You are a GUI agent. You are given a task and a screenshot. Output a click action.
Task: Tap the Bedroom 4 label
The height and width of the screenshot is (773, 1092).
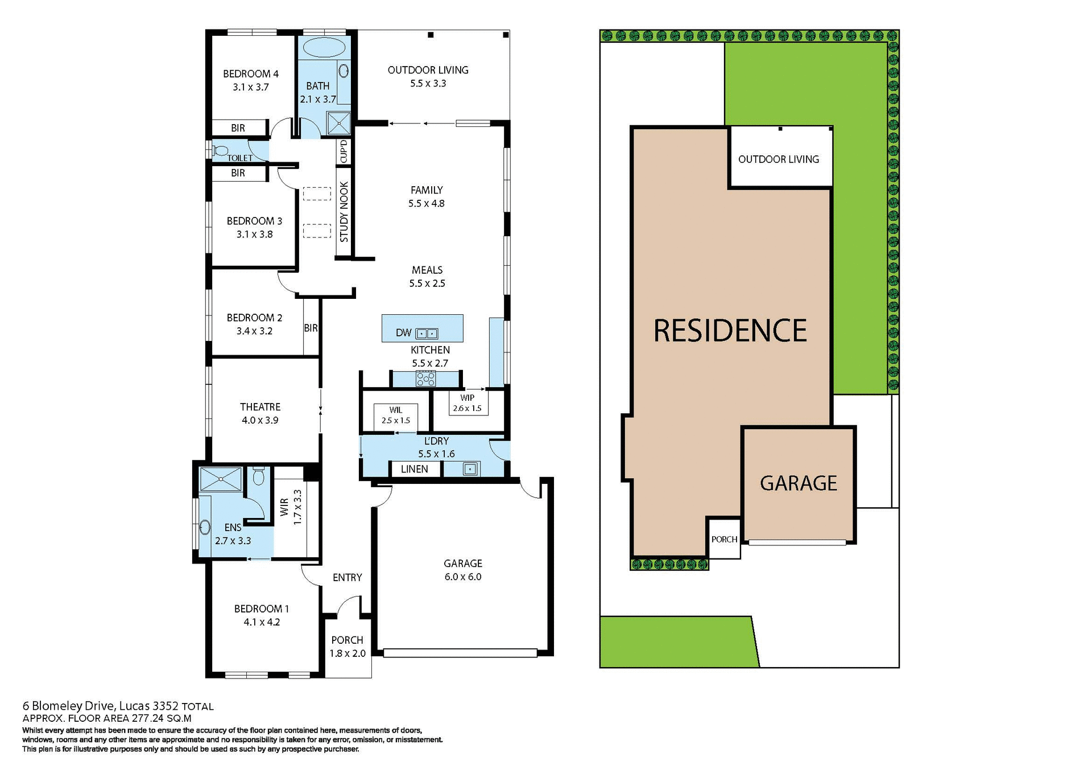click(250, 74)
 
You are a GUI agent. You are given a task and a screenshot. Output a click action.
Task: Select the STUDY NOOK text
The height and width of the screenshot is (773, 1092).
click(344, 212)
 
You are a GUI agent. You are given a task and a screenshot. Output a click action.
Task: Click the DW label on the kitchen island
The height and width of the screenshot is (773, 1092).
click(403, 333)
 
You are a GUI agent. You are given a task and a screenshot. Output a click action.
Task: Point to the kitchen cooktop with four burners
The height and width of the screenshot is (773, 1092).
click(425, 379)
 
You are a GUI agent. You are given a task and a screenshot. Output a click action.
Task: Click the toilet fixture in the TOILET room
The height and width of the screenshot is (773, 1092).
click(220, 151)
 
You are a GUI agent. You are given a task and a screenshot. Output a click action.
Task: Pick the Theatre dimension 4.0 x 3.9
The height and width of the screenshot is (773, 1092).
click(260, 421)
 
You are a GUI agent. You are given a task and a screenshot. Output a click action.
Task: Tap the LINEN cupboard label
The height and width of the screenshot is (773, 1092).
click(414, 469)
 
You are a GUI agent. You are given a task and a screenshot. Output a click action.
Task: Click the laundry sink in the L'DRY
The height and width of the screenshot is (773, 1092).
click(470, 469)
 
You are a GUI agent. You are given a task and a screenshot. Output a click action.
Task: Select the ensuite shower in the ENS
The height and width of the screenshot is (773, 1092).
click(221, 479)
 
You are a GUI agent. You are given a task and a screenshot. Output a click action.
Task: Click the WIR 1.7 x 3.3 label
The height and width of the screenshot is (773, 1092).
click(291, 507)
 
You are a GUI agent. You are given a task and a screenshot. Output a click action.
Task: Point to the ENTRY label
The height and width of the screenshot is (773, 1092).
click(347, 578)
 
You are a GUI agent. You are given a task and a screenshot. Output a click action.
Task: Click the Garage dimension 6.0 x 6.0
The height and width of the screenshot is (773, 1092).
click(462, 577)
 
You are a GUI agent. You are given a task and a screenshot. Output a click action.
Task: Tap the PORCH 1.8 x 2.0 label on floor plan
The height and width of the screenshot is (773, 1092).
click(347, 647)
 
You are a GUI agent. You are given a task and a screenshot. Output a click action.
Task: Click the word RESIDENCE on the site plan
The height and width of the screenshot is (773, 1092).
click(730, 331)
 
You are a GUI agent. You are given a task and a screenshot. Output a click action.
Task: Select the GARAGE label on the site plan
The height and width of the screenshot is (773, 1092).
click(798, 483)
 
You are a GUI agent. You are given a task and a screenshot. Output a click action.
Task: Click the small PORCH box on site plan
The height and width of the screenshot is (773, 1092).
click(723, 538)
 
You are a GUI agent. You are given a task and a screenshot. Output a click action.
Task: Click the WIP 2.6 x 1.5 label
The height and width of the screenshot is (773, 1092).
click(467, 403)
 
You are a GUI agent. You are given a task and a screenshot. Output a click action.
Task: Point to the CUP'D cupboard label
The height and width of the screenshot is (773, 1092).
click(344, 151)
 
